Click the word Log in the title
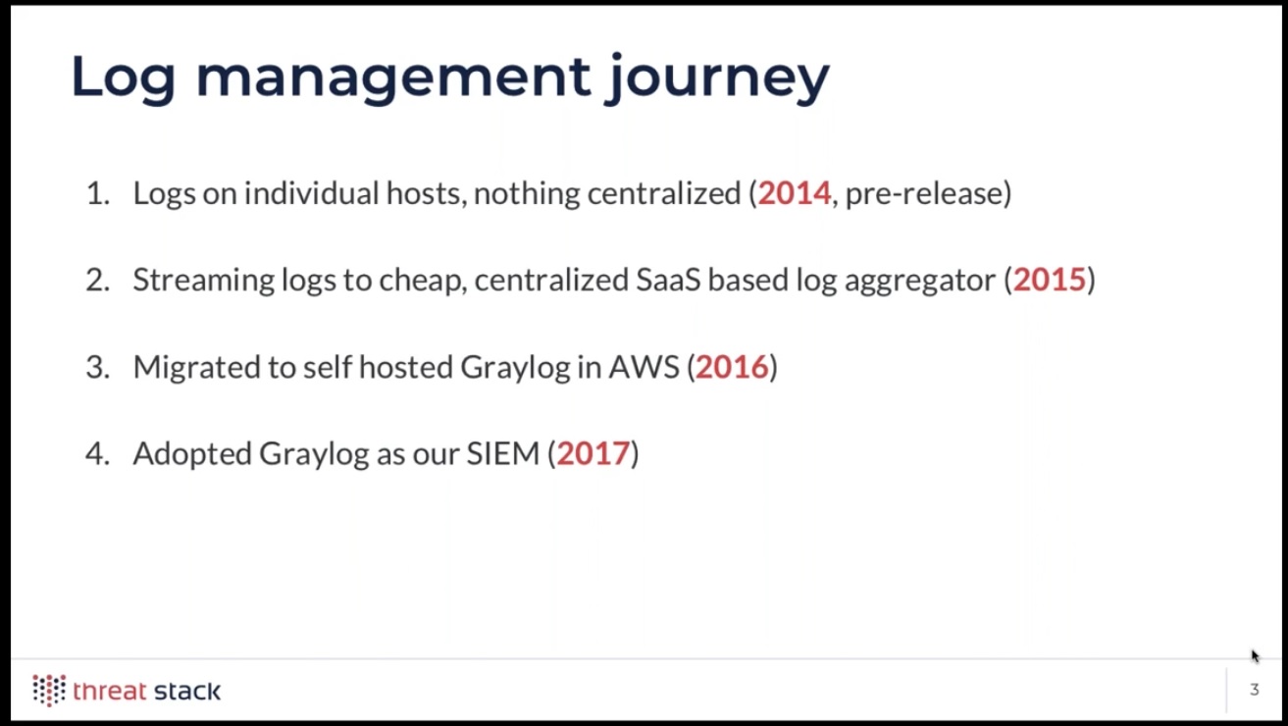123,78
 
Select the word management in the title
393,78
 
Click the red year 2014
794,193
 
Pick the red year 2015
1049,281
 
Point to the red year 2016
732,367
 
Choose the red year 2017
592,454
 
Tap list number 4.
98,454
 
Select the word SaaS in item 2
668,281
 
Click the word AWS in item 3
644,367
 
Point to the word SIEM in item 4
502,454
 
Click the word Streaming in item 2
204,282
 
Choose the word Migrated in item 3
196,368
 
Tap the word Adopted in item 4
192,455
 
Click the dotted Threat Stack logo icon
49,690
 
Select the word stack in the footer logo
187,691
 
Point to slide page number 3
1255,689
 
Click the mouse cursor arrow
1255,656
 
